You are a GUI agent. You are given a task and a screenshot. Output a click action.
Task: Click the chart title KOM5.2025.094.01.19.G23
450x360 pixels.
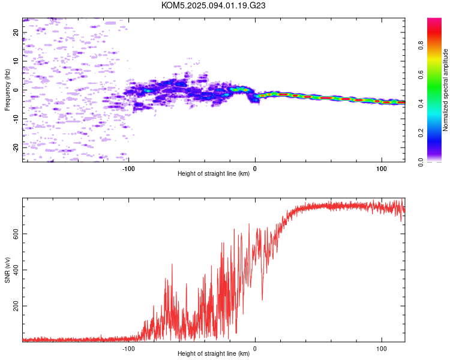coord(213,5)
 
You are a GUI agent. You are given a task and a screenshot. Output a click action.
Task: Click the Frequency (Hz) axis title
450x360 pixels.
coord(7,90)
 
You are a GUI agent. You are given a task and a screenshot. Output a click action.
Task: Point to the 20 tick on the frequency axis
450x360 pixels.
coord(16,32)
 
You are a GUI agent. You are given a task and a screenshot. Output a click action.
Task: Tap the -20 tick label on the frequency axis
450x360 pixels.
coord(16,148)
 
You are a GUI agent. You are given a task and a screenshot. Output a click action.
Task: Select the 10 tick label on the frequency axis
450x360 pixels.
coord(16,61)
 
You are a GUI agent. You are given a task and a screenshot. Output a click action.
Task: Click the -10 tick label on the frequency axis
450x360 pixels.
coord(16,119)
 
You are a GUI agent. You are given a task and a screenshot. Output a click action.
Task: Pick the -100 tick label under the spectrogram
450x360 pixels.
coord(128,169)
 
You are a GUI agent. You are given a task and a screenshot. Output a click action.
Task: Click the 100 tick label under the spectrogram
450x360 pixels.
coord(382,169)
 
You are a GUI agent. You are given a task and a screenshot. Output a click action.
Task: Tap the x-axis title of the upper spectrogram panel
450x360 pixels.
coord(214,173)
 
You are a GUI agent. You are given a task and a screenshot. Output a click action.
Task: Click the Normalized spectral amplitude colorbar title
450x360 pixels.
coord(445,90)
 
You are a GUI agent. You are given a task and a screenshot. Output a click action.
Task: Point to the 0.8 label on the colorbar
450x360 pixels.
coord(421,46)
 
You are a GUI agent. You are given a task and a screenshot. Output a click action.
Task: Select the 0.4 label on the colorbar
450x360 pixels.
coord(421,104)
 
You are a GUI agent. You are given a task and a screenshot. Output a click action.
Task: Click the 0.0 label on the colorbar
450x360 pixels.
coord(421,162)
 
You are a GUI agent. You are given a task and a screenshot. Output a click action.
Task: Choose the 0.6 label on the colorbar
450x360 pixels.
coord(421,74)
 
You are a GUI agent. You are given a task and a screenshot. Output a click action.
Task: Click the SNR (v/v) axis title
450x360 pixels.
coord(7,270)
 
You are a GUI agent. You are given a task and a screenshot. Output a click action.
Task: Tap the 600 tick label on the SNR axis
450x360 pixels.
coord(16,234)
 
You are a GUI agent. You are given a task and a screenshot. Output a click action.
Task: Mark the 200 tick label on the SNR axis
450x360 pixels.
coord(16,306)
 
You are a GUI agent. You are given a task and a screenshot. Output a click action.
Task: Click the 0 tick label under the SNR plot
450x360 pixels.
coord(255,349)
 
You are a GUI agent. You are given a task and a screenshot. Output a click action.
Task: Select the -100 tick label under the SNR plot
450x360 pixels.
coord(128,349)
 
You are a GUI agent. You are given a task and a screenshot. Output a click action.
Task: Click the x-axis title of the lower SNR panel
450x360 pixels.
coord(214,353)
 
